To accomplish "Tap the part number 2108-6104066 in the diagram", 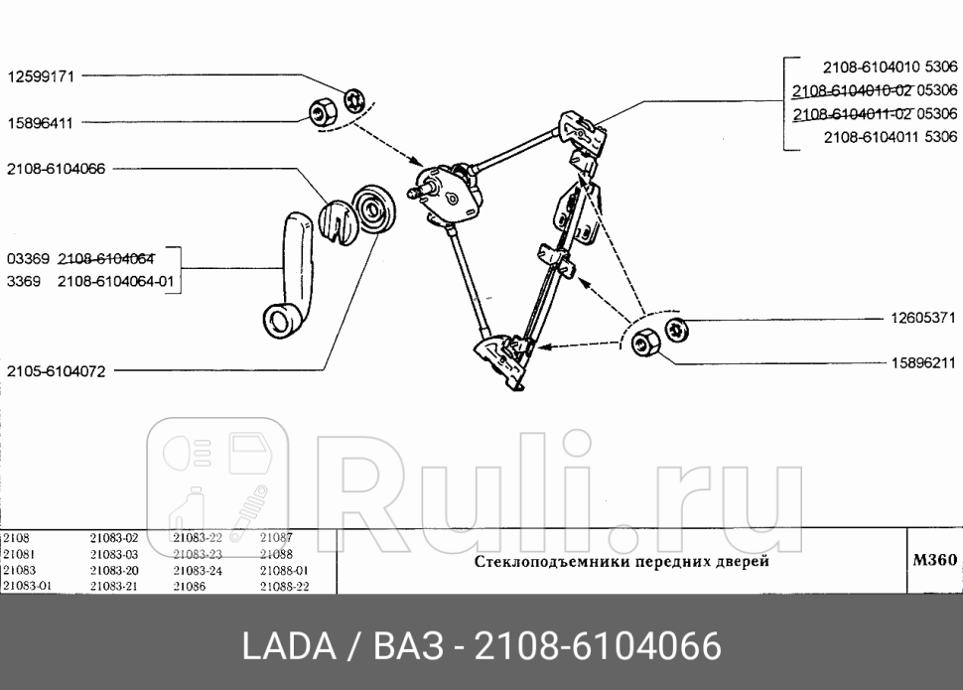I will [x=56, y=169].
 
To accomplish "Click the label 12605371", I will [x=922, y=319].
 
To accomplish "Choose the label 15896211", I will [x=922, y=362].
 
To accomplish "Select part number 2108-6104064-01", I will [x=115, y=281].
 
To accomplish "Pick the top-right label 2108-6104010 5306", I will [x=890, y=68].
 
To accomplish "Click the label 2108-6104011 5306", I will [x=890, y=138].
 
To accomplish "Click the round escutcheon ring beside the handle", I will [x=375, y=208].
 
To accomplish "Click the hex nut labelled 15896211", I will [x=647, y=345].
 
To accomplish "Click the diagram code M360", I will [x=933, y=560].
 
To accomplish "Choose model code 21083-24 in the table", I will [x=197, y=570].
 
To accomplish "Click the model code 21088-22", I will [x=284, y=586].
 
